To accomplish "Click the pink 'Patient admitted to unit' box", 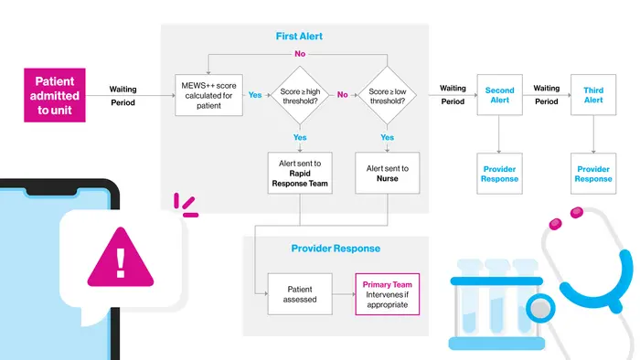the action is coord(55,95).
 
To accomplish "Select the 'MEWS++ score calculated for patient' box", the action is coord(208,95).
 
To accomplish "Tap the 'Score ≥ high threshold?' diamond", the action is coord(300,95).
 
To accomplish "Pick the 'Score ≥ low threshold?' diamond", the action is coord(388,95).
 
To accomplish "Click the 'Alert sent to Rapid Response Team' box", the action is coord(300,173).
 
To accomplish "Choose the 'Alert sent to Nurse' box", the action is coord(388,173).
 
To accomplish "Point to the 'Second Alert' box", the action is coord(499,95).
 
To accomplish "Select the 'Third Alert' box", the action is coord(593,95).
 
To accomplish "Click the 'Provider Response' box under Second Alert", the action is coord(499,174).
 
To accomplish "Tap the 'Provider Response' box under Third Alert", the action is coord(593,174).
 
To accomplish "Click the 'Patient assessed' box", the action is coord(300,294).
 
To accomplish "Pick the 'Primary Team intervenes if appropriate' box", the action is coord(388,294).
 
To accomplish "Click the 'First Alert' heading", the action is coord(299,37).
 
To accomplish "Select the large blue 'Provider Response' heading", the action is coord(336,249).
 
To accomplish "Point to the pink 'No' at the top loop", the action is coord(300,54).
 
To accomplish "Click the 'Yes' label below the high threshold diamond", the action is coord(300,137).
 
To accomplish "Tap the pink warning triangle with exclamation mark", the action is coord(121,258).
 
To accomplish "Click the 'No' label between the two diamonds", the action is coord(343,95).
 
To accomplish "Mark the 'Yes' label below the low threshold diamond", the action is coord(388,137).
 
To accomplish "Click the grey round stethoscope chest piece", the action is coord(540,308).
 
